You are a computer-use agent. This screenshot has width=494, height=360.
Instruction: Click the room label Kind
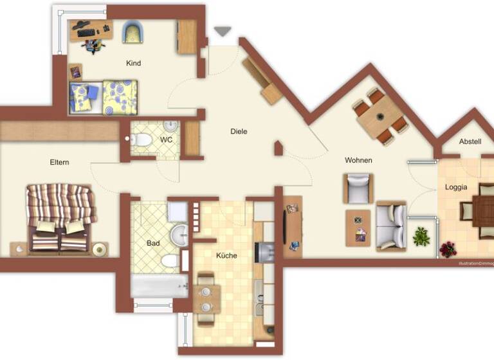pos(134,63)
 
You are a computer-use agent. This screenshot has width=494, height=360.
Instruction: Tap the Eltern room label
pos(59,163)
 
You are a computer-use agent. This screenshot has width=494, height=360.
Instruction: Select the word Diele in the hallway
pos(239,131)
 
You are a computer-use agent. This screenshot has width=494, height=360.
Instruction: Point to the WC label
pos(167,139)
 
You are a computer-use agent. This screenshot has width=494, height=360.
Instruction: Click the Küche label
pos(226,255)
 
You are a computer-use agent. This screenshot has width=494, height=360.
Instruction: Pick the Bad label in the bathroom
pos(153,244)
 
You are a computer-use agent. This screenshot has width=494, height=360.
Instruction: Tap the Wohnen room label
pos(358,160)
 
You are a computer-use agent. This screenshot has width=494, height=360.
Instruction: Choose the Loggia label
pos(456,188)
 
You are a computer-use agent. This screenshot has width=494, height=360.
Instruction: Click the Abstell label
pos(470,141)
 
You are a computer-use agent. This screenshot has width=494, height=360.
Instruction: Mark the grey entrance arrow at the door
pos(222,32)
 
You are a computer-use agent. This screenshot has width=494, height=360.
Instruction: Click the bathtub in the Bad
pos(155,285)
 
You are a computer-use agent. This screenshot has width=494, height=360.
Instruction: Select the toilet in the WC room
pos(143,139)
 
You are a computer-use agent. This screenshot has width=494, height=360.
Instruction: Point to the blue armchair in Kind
pos(134,32)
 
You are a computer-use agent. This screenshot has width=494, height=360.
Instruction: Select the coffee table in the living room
pos(358,228)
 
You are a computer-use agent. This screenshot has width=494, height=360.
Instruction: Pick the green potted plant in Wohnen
pos(422,237)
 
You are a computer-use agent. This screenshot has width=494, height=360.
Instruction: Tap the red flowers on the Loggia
pos(448,249)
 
